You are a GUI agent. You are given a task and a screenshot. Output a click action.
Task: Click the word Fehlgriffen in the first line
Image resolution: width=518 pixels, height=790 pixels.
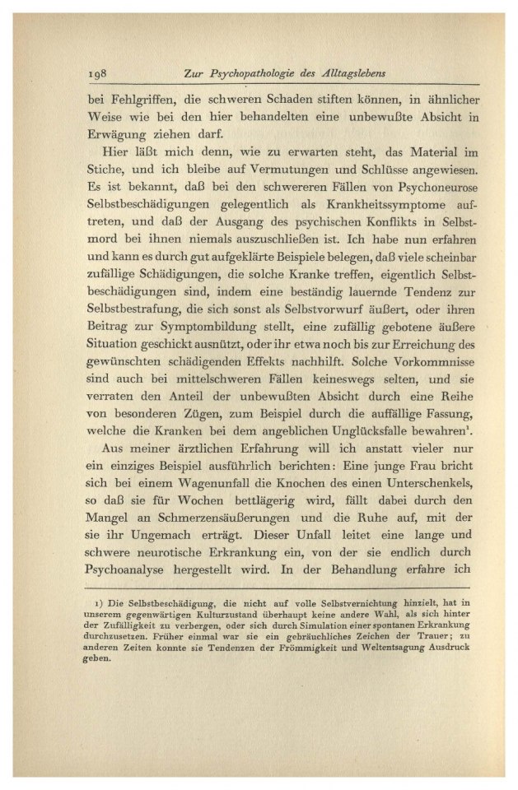tap(130, 100)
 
